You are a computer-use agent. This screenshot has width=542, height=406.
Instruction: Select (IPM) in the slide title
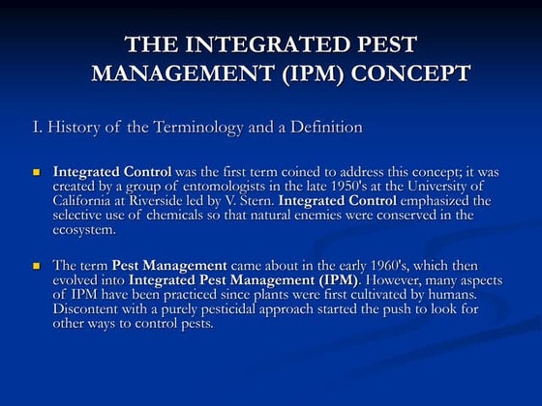pyautogui.click(x=315, y=73)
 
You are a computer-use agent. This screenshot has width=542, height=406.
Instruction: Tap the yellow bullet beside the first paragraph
pyautogui.click(x=38, y=172)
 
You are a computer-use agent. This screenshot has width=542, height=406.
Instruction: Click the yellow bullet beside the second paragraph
pyautogui.click(x=38, y=265)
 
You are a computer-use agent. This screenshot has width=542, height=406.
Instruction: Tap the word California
pyautogui.click(x=84, y=201)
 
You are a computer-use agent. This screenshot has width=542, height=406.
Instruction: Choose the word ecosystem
pyautogui.click(x=84, y=230)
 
